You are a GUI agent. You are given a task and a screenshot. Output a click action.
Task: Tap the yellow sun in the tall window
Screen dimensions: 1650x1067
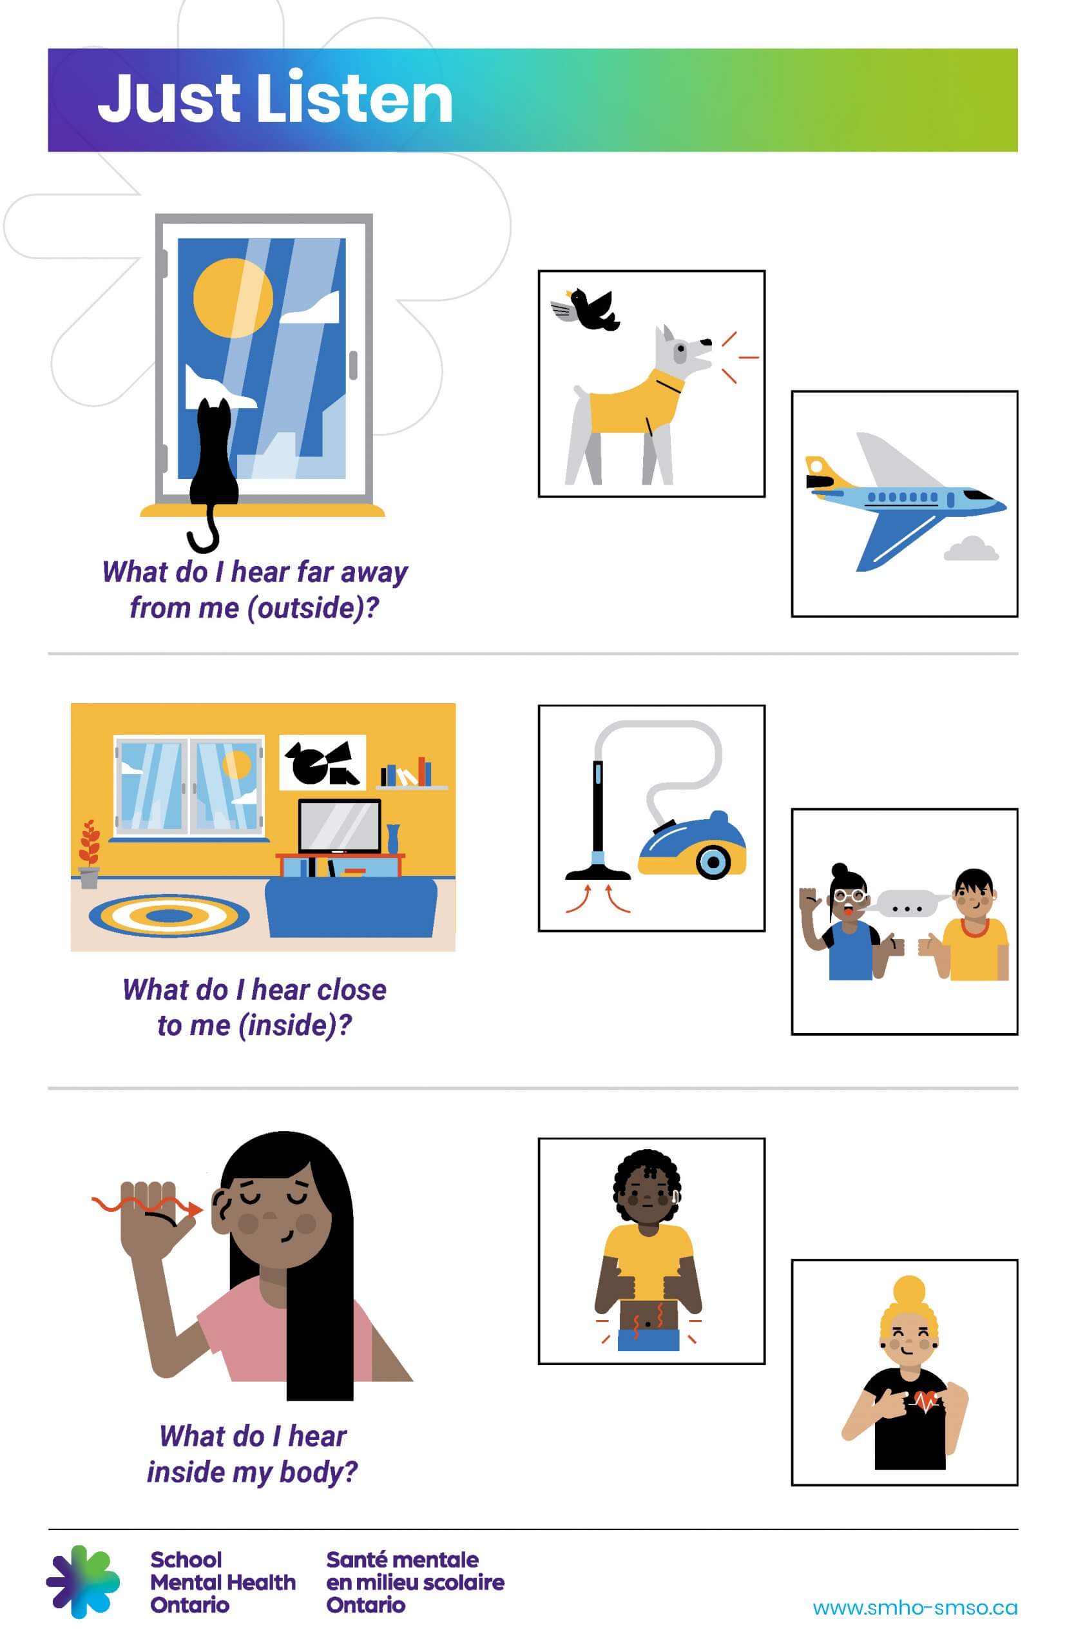[x=232, y=297]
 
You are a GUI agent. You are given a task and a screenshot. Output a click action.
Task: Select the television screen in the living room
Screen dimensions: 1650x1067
[x=340, y=826]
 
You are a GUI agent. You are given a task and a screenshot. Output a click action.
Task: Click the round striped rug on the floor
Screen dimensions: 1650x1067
[x=169, y=915]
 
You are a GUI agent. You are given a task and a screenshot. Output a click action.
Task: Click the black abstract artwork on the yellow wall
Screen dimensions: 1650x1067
[x=323, y=762]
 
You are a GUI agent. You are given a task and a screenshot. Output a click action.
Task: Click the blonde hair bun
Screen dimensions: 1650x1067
[x=909, y=1291]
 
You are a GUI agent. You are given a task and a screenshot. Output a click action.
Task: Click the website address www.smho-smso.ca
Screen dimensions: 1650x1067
[x=914, y=1607]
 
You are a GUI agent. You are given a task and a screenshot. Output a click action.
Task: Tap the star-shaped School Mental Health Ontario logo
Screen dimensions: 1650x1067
[x=83, y=1583]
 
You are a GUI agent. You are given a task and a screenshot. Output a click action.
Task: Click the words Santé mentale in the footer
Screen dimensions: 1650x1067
[x=402, y=1559]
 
